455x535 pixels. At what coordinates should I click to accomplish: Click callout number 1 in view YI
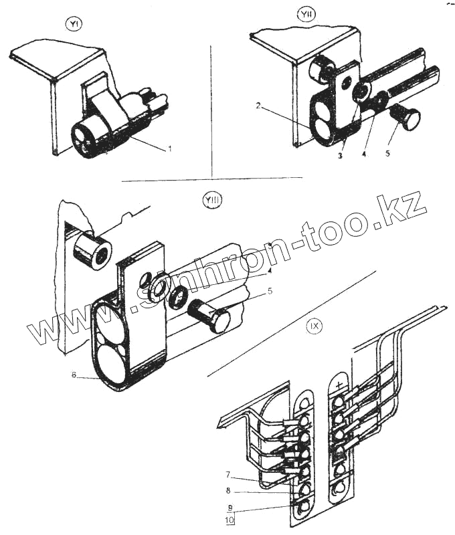point(169,148)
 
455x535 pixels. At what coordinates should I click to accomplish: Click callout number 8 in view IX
point(228,492)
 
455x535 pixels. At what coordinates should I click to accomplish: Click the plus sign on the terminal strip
point(340,385)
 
